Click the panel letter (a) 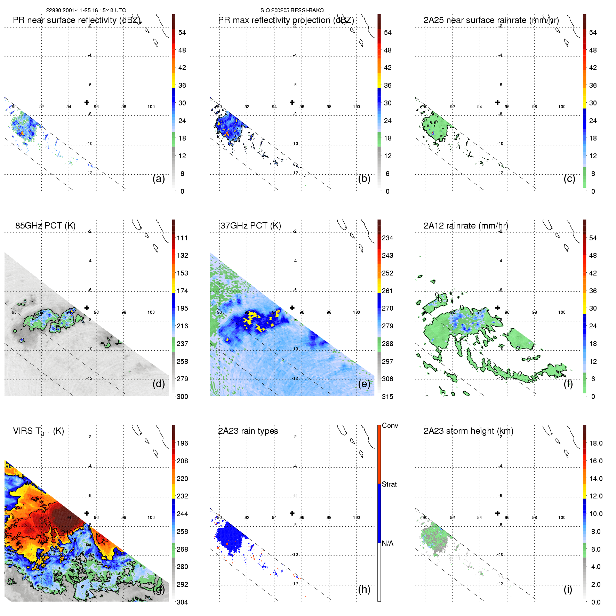pos(159,179)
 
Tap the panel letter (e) pos(364,384)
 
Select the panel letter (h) pos(364,589)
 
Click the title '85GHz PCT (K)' pos(45,226)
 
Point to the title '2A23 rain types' pos(248,431)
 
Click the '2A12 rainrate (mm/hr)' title pos(466,226)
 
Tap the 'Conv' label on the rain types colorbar pos(390,425)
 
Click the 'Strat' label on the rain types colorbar pos(389,484)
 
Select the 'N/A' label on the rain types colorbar pos(387,543)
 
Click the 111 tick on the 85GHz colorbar pos(182,238)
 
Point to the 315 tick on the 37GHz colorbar pos(387,397)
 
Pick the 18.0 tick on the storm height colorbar pos(595,443)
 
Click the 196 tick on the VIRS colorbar pos(182,443)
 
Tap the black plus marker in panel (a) pos(87,102)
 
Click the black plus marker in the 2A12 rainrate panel pos(497,307)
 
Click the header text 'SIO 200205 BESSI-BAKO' pos(292,10)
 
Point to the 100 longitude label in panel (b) pos(356,107)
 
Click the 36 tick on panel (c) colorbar pos(593,85)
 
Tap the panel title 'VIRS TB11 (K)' pos(38,431)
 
